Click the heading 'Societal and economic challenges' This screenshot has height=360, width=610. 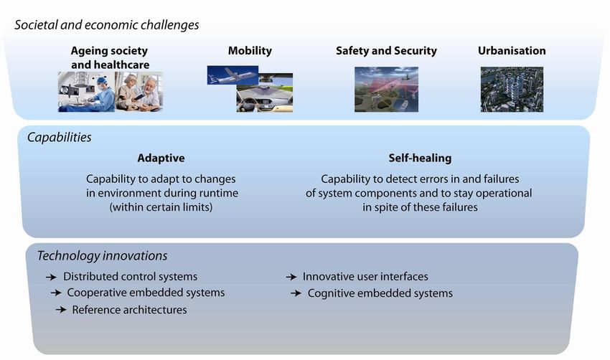(x=107, y=25)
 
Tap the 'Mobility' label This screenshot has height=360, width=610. (x=250, y=51)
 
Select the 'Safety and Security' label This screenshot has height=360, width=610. (x=386, y=51)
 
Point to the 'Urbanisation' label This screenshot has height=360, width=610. (x=512, y=50)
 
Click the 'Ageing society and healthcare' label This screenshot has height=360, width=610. (x=110, y=57)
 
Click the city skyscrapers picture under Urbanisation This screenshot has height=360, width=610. (x=512, y=90)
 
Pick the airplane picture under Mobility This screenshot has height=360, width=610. (x=233, y=75)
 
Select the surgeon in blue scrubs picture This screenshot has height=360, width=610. (x=86, y=92)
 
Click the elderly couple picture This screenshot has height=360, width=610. (x=139, y=92)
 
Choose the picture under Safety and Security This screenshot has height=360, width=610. (x=386, y=90)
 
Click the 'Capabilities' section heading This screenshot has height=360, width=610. (x=59, y=137)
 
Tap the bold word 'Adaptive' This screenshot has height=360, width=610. (x=161, y=158)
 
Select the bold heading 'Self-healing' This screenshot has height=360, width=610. (x=420, y=158)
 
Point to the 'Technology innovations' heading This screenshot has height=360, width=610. (x=102, y=256)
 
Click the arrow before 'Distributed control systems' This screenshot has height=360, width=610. (x=51, y=278)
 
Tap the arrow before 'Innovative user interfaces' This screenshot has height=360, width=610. (x=291, y=278)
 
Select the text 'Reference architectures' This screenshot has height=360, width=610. (x=130, y=310)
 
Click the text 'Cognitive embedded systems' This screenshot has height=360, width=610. (x=380, y=293)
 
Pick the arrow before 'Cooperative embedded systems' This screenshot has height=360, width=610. (x=56, y=293)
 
